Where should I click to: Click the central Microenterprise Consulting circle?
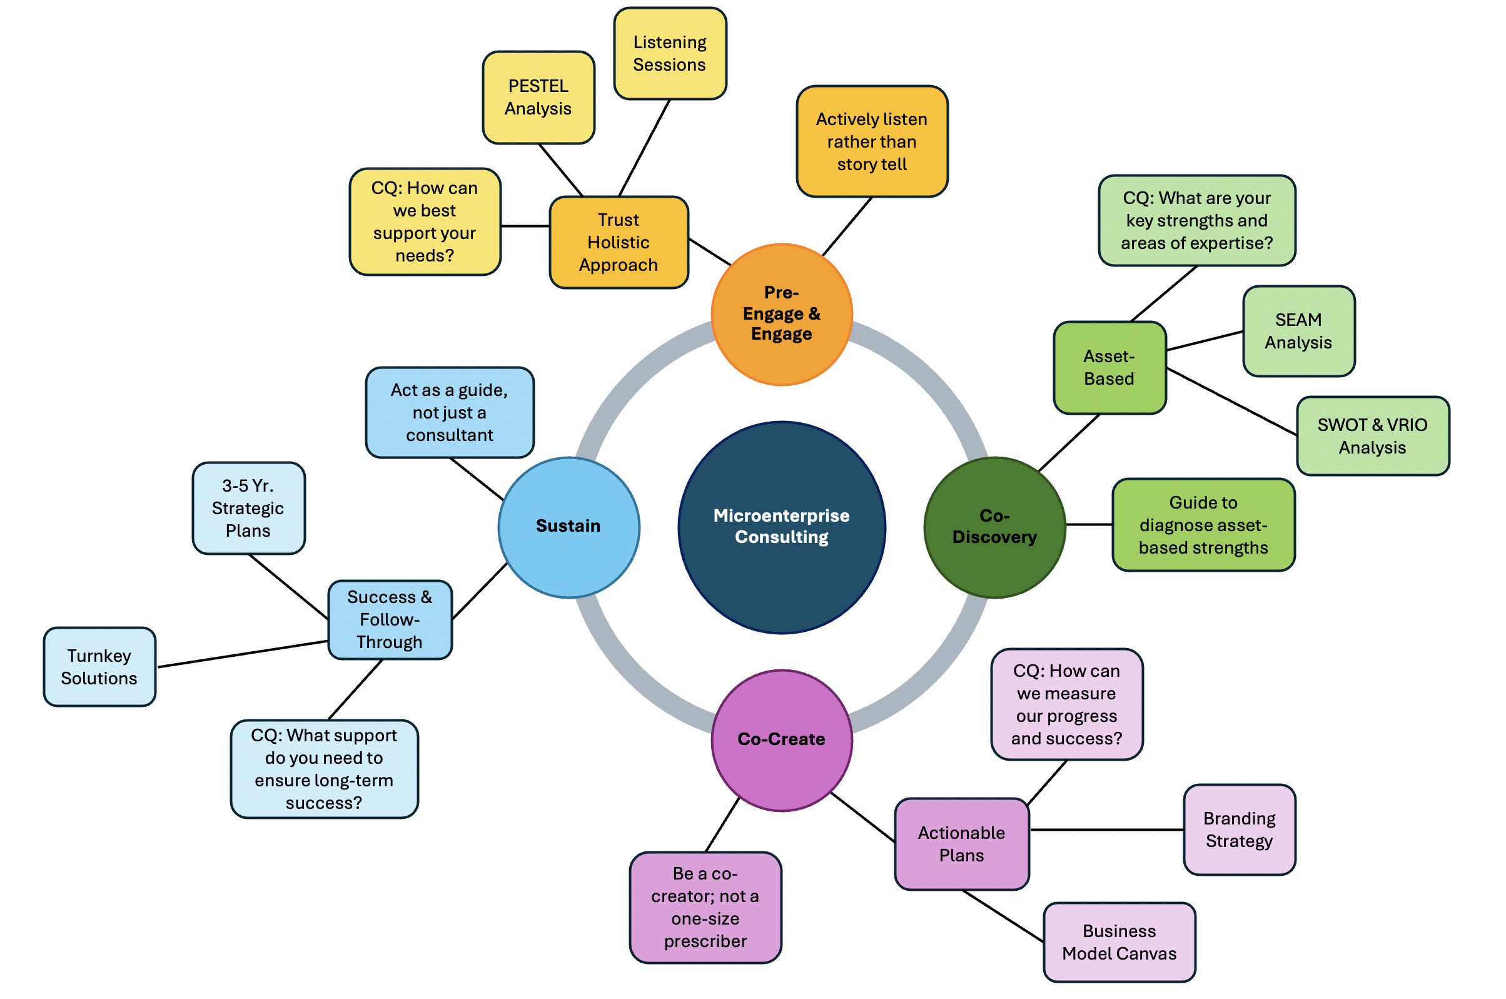[781, 527]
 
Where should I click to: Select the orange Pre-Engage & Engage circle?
[781, 314]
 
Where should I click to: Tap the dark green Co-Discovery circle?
[994, 527]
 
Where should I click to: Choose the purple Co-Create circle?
[781, 739]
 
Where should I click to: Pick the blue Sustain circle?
[569, 527]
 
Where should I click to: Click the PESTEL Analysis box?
[538, 98]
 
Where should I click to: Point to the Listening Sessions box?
[669, 54]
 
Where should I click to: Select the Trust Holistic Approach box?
[619, 243]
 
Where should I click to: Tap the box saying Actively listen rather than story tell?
[871, 141]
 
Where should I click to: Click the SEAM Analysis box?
[1298, 332]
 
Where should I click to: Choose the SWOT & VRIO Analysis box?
[1372, 437]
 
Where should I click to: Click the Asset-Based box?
[1109, 368]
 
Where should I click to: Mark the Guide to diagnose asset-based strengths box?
[1203, 525]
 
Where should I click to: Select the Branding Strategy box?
[1238, 829]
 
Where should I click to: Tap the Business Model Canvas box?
[1119, 942]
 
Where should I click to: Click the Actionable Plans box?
[961, 844]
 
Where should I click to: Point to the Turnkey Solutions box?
[99, 667]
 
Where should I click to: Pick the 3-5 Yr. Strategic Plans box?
[248, 509]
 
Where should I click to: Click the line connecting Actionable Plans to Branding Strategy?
[1106, 829]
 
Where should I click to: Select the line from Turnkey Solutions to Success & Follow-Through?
[242, 654]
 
